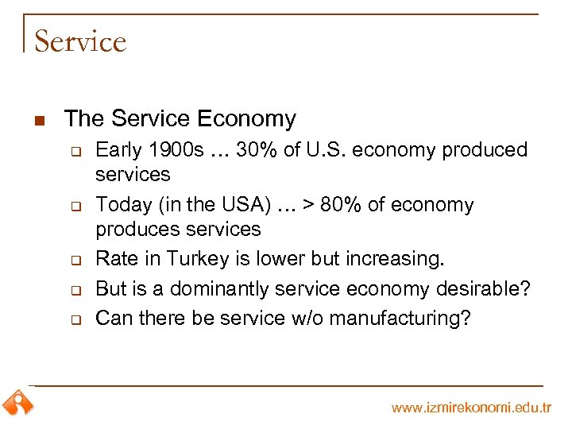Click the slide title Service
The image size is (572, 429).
[80, 41]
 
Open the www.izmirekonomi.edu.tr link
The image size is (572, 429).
[471, 408]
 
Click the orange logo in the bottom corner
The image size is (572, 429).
[17, 404]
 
